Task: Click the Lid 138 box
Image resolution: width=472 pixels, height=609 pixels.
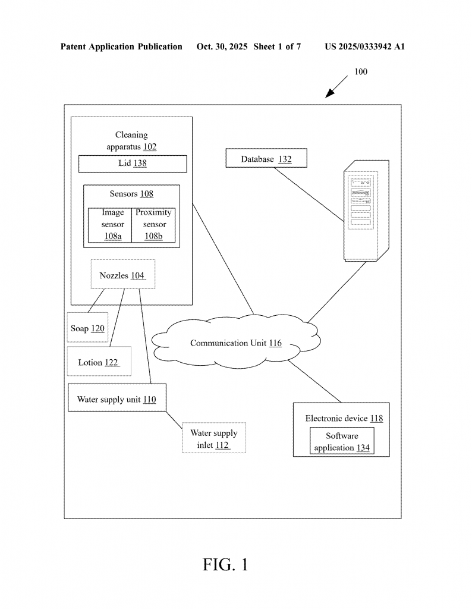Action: coord(133,164)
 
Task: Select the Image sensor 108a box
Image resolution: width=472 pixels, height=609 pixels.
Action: coord(110,225)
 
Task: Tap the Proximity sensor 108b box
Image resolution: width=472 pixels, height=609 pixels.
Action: coord(153,225)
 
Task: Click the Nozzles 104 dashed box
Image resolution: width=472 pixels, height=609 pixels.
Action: coord(122,275)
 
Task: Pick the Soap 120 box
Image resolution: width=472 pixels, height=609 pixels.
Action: coord(88,328)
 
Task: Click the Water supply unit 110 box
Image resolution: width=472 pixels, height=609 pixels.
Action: coord(117,399)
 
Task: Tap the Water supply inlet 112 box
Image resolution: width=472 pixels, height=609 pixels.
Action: coord(213,439)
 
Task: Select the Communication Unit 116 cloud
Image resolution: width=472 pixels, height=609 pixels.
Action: coord(236,343)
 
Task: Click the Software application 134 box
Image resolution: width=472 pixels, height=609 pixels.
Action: coord(342,442)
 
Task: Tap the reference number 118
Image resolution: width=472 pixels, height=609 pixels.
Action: coord(376,419)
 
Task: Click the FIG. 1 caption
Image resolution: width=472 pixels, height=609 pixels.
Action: coord(225,564)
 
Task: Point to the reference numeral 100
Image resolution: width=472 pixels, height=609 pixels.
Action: coord(361,72)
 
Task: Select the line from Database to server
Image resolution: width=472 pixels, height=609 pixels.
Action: coord(309,194)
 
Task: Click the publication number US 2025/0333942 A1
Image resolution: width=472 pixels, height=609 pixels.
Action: coord(364,47)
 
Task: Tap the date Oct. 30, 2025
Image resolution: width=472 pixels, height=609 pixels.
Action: coord(222,47)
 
